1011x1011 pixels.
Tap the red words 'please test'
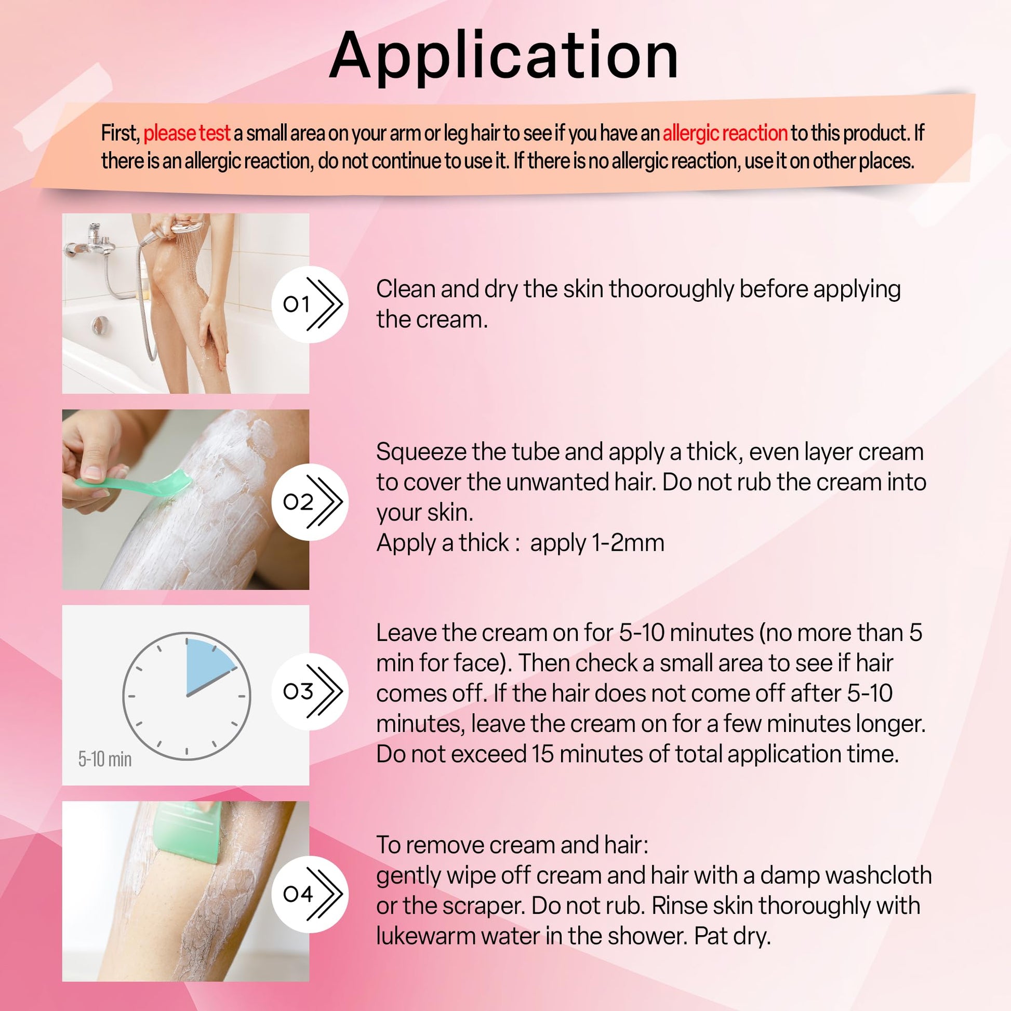187,133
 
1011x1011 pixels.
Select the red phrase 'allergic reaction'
725,133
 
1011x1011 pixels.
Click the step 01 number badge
310,304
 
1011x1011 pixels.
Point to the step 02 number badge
310,502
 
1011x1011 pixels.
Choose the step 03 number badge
310,691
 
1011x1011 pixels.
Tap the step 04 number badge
310,893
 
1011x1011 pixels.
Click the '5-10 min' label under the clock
104,759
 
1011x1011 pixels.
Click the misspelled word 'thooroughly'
671,290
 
